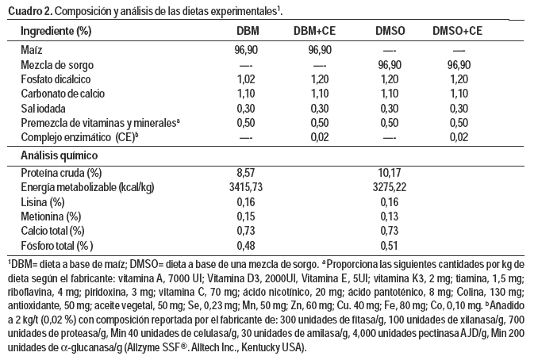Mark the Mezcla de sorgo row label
56,64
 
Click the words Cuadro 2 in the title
28,10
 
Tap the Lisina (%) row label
44,201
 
